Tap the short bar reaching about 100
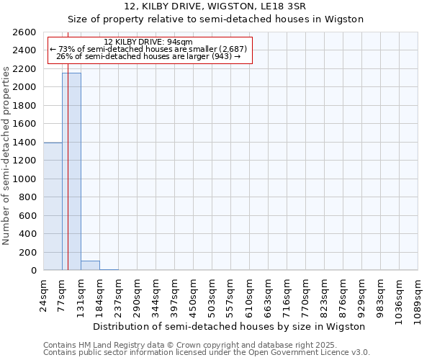click(90, 266)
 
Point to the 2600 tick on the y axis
click(25, 32)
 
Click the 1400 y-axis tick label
click(25, 143)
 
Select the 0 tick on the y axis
click(33, 271)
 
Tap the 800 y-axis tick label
click(28, 197)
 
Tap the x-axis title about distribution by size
click(230, 326)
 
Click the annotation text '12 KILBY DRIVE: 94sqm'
click(148, 42)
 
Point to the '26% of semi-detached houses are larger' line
click(148, 56)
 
